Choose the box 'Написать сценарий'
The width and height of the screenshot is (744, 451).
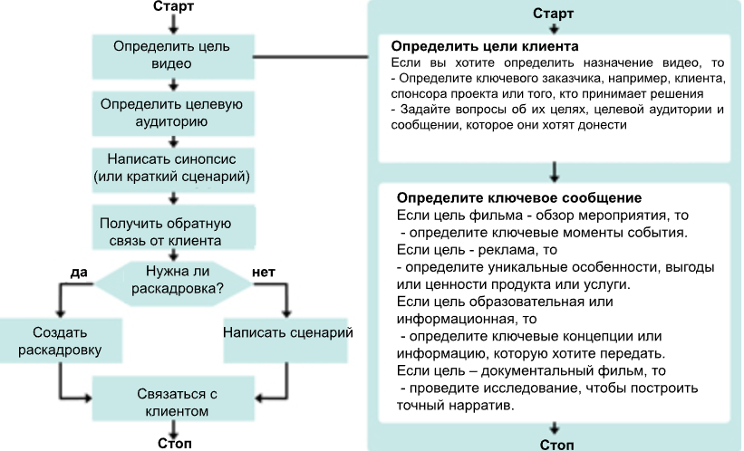point(287,331)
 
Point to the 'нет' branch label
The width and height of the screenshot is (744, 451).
point(264,272)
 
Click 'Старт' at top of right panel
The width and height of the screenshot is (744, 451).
point(554,14)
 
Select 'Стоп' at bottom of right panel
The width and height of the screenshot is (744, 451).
point(556,444)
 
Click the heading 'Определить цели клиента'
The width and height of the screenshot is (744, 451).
point(485,45)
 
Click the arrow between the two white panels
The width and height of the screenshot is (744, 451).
point(555,172)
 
